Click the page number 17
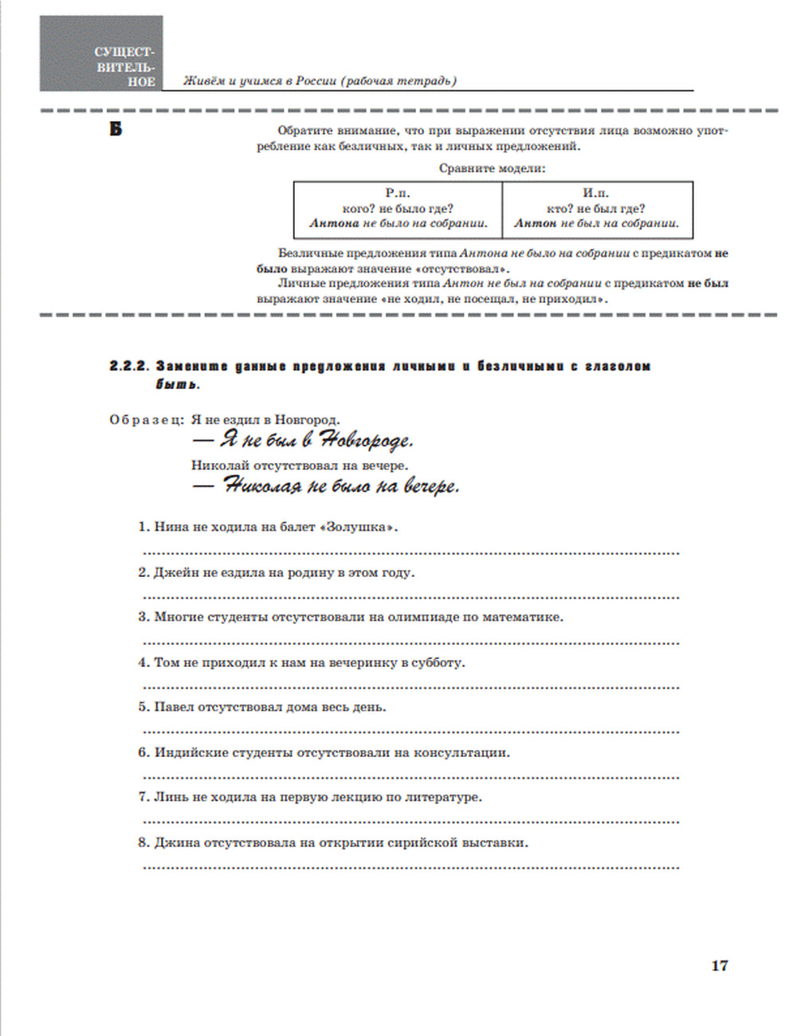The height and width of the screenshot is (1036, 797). click(x=719, y=965)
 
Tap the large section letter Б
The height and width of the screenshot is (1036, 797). click(x=116, y=129)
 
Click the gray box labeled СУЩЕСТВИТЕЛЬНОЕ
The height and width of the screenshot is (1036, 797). click(x=101, y=53)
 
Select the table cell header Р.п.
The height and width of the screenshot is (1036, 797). click(x=398, y=193)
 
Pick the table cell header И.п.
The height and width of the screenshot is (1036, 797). click(x=596, y=193)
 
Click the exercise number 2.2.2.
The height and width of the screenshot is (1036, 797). click(x=129, y=367)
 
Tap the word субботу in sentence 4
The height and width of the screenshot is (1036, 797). click(x=438, y=662)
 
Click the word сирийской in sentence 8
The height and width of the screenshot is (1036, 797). click(x=422, y=842)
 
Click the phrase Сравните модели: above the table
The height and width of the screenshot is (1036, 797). click(x=493, y=169)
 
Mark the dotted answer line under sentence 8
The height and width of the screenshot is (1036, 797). click(x=410, y=867)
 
